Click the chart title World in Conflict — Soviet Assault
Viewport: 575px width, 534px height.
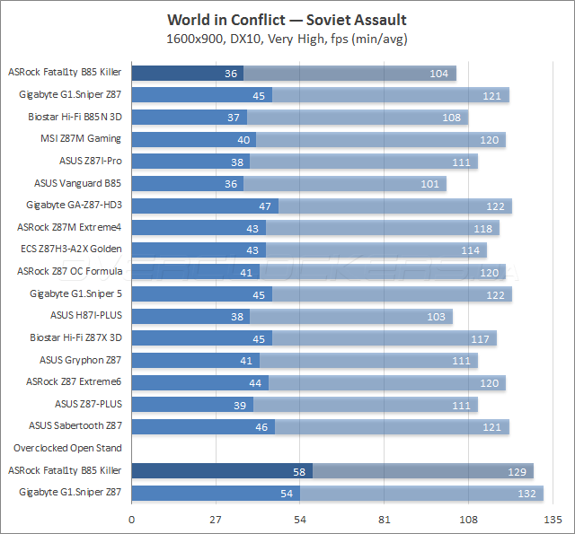(287, 20)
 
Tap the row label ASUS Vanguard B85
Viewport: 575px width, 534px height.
(78, 183)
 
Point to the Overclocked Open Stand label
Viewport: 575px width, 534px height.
(67, 447)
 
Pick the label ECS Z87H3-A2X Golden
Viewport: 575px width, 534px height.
(71, 249)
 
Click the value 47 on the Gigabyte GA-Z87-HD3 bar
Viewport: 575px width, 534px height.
(265, 206)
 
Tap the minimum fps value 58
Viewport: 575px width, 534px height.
(299, 470)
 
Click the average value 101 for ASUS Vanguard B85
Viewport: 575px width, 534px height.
(432, 184)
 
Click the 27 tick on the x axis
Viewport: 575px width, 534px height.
(217, 519)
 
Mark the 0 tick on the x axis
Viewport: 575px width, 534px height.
(132, 519)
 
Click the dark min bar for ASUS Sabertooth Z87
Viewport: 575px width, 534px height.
(202, 426)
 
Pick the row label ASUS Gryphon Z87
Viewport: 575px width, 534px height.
(80, 359)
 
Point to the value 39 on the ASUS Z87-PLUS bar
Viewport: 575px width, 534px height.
(240, 404)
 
